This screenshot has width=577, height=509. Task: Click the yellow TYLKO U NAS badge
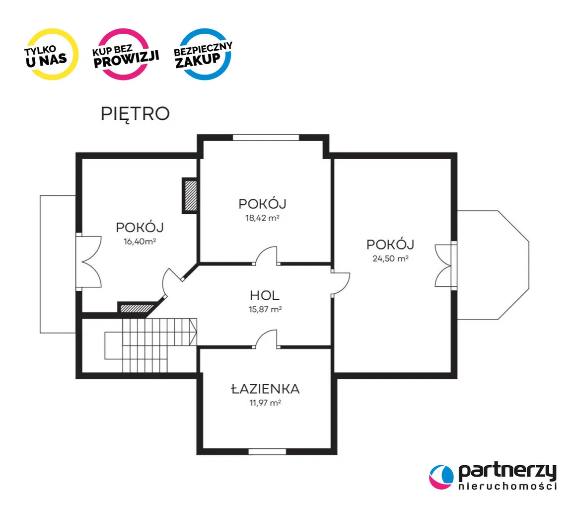(x=52, y=54)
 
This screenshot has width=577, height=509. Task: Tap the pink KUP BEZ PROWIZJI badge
(x=126, y=54)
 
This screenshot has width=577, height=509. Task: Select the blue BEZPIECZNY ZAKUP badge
(x=203, y=54)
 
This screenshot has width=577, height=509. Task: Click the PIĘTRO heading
(x=135, y=114)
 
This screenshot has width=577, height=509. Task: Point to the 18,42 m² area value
(x=262, y=218)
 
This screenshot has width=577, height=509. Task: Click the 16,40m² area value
(x=140, y=241)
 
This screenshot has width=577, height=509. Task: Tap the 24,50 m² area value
(x=390, y=258)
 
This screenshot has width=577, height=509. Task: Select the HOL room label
(x=265, y=295)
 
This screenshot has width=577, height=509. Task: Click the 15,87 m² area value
(x=265, y=309)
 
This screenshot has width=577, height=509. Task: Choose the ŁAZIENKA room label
(x=265, y=389)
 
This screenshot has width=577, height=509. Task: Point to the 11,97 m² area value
(x=265, y=403)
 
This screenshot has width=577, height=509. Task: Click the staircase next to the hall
(x=151, y=345)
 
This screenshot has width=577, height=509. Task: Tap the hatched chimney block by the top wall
(x=190, y=195)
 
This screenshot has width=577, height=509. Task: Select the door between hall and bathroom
(x=267, y=339)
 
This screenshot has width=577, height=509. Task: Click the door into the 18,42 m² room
(x=267, y=255)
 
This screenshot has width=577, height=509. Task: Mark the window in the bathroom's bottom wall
(x=267, y=451)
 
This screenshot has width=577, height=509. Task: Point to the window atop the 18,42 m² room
(x=266, y=137)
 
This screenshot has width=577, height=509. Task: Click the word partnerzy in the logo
(x=507, y=472)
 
